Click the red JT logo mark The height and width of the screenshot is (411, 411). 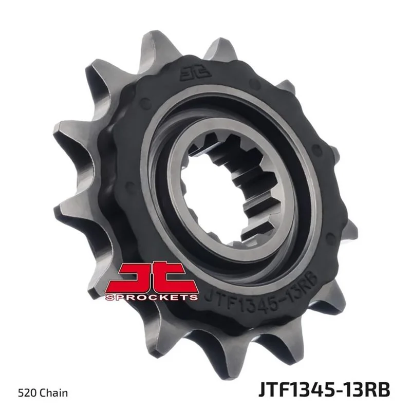point(152,278)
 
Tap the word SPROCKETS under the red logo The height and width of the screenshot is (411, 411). point(152,297)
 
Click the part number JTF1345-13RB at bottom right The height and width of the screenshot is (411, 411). point(324,390)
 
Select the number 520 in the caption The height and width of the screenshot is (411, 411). point(28,393)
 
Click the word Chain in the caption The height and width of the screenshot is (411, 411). point(54,393)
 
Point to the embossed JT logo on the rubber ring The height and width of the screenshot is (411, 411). point(196,72)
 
